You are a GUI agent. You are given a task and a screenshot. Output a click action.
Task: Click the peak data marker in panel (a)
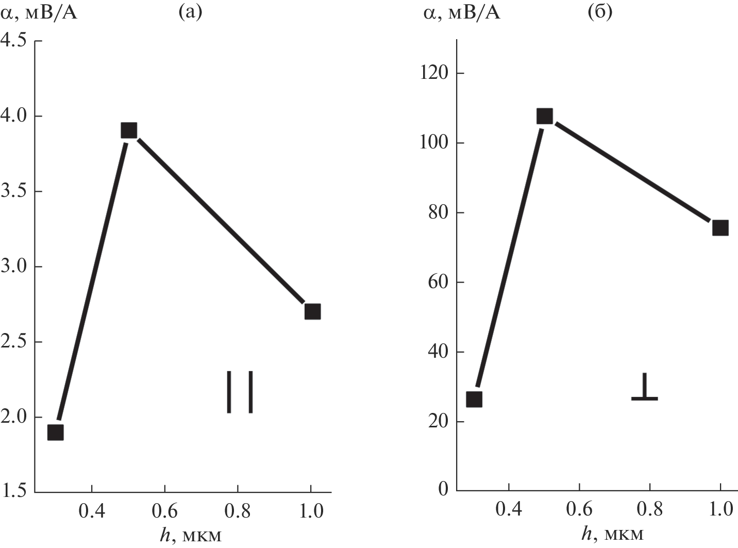(x=128, y=130)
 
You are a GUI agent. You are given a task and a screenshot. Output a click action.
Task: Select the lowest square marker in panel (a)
(x=56, y=432)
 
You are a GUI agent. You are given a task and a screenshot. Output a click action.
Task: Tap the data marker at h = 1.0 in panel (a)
(x=312, y=311)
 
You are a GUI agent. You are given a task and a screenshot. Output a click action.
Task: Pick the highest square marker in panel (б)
(x=544, y=116)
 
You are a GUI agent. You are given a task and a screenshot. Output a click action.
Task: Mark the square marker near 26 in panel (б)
(x=474, y=399)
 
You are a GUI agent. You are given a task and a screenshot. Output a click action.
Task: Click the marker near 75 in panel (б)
(x=720, y=228)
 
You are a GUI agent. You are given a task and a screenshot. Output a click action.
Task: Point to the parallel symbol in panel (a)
(x=240, y=392)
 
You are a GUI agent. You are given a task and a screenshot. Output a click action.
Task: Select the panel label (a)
(x=190, y=12)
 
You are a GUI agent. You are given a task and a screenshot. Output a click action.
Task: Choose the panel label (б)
(x=600, y=12)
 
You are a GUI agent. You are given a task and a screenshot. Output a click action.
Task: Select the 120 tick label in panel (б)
(x=433, y=73)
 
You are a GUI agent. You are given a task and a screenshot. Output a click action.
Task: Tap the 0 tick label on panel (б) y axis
(x=443, y=489)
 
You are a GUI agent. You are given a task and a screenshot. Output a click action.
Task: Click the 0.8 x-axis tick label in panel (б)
(x=650, y=509)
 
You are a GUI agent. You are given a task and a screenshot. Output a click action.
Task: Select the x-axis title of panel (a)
(x=191, y=536)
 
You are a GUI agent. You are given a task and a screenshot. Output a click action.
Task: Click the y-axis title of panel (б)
(x=461, y=12)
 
